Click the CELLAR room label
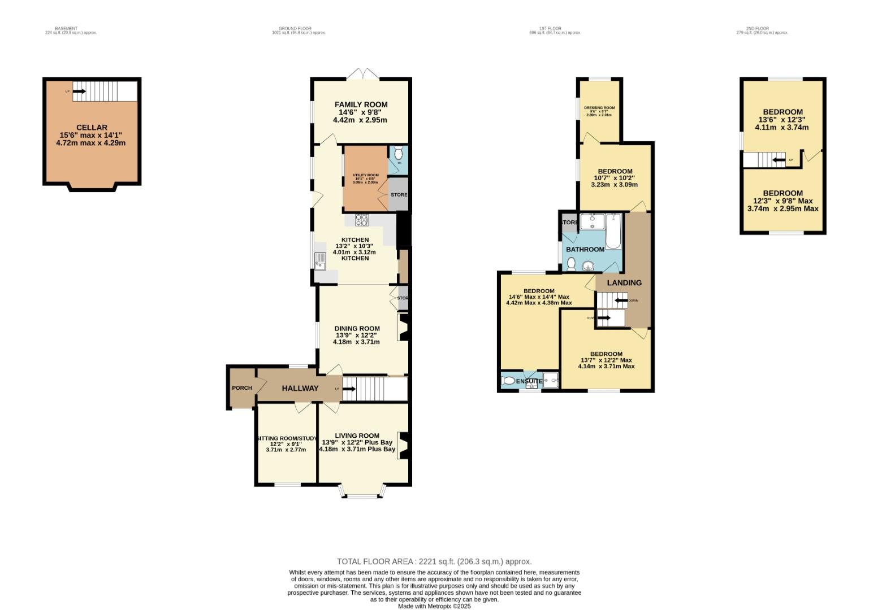pos(91,128)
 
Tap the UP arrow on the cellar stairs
pos(79,91)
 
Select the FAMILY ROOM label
pos(361,104)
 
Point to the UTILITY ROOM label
pos(365,175)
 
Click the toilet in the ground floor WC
pos(398,153)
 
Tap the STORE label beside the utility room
pos(399,195)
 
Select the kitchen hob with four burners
pos(361,220)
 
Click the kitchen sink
pos(320,261)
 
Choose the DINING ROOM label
pos(357,328)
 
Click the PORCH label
pos(242,388)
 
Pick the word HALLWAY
pos(300,388)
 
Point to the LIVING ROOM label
pos(357,435)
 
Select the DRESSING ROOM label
pos(599,108)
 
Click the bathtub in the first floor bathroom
pos(613,232)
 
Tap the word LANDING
pos(624,282)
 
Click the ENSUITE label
pos(529,381)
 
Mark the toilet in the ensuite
pos(509,381)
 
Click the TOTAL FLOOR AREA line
pos(434,561)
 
